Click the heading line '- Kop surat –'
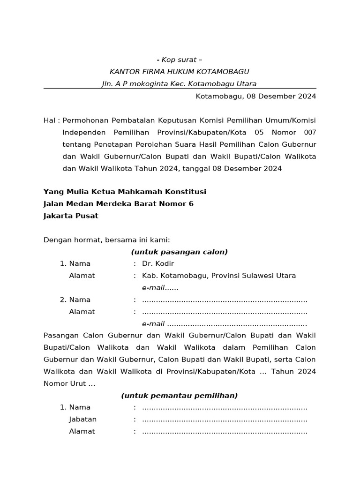click(180, 60)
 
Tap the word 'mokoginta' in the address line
click(145, 84)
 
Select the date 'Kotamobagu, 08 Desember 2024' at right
click(256, 96)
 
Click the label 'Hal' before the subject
click(49, 120)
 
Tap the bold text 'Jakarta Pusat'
click(71, 216)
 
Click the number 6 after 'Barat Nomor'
click(191, 204)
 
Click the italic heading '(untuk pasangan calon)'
click(180, 252)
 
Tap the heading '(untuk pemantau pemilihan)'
click(180, 395)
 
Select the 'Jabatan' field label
click(83, 419)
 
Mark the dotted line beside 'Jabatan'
click(225, 420)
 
